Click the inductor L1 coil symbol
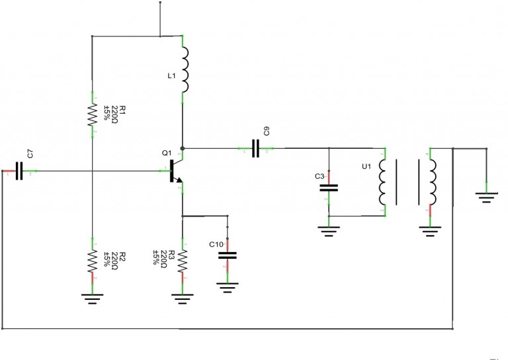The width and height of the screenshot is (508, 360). (185, 69)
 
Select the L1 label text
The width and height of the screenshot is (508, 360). (171, 77)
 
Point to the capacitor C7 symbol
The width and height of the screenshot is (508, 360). (19, 171)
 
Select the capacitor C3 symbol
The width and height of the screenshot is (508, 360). (329, 187)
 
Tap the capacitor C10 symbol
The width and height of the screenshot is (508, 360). (228, 254)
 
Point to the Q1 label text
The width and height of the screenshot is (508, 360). (166, 153)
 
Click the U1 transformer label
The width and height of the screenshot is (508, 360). (366, 167)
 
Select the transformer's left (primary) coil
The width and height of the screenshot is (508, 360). (383, 182)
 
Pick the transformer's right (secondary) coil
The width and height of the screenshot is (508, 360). (431, 182)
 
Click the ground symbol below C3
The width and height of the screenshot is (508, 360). (329, 231)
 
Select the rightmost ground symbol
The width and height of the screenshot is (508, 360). (486, 197)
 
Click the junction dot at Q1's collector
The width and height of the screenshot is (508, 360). (183, 148)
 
